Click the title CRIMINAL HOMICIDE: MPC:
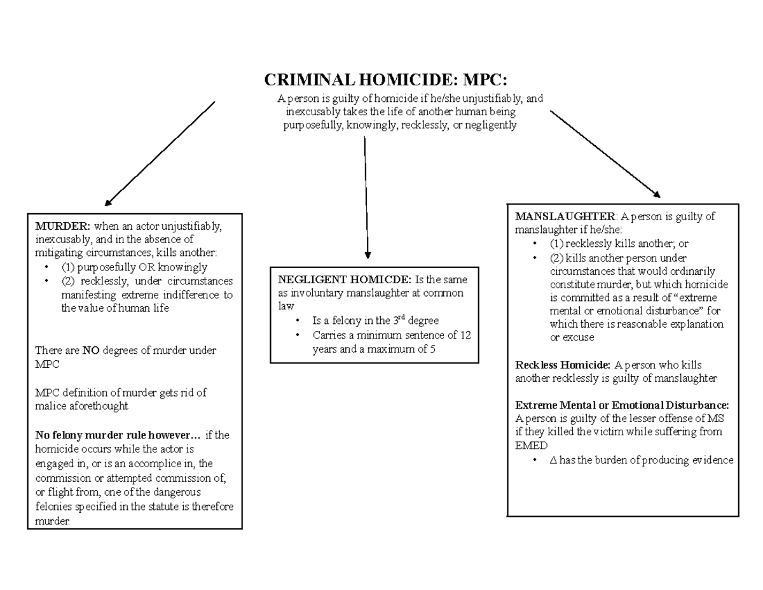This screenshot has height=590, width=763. tap(386, 81)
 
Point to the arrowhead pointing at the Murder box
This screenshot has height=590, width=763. tap(109, 202)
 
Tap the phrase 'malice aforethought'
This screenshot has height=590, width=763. tap(81, 406)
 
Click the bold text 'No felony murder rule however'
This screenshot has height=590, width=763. tap(118, 435)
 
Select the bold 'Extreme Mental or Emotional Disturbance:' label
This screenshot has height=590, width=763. tap(622, 405)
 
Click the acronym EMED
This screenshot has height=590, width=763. tap(531, 446)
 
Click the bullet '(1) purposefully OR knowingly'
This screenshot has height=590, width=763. tap(134, 267)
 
